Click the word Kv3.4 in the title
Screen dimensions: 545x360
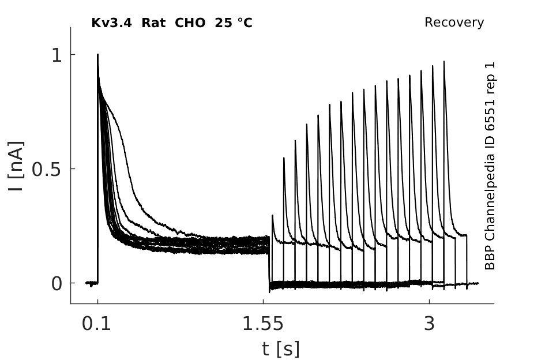click(x=111, y=23)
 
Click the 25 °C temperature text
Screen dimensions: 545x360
click(x=234, y=23)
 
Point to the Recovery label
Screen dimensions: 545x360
click(x=454, y=22)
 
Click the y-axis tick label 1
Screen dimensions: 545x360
click(x=57, y=55)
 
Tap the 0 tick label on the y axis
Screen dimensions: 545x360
click(x=57, y=284)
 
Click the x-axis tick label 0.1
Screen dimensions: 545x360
click(x=97, y=324)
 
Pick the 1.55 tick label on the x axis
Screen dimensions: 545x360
click(x=263, y=324)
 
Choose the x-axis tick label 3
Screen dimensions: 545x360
click(x=430, y=324)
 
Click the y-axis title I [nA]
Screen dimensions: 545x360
click(x=16, y=166)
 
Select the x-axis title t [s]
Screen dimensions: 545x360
click(x=280, y=349)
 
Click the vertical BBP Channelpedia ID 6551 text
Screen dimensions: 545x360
click(x=490, y=166)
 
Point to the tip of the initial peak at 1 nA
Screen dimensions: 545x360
click(x=97, y=54)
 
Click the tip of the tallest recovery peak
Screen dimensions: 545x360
click(x=444, y=62)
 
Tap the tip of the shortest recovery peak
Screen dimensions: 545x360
click(x=272, y=215)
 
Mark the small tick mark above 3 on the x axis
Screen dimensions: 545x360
click(x=430, y=302)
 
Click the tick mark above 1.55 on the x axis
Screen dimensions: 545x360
click(x=263, y=302)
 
